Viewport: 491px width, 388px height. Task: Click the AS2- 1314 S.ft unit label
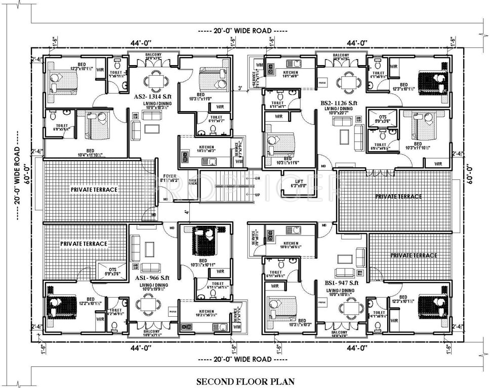(x=152, y=95)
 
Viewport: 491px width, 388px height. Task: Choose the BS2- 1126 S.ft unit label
(x=339, y=103)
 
